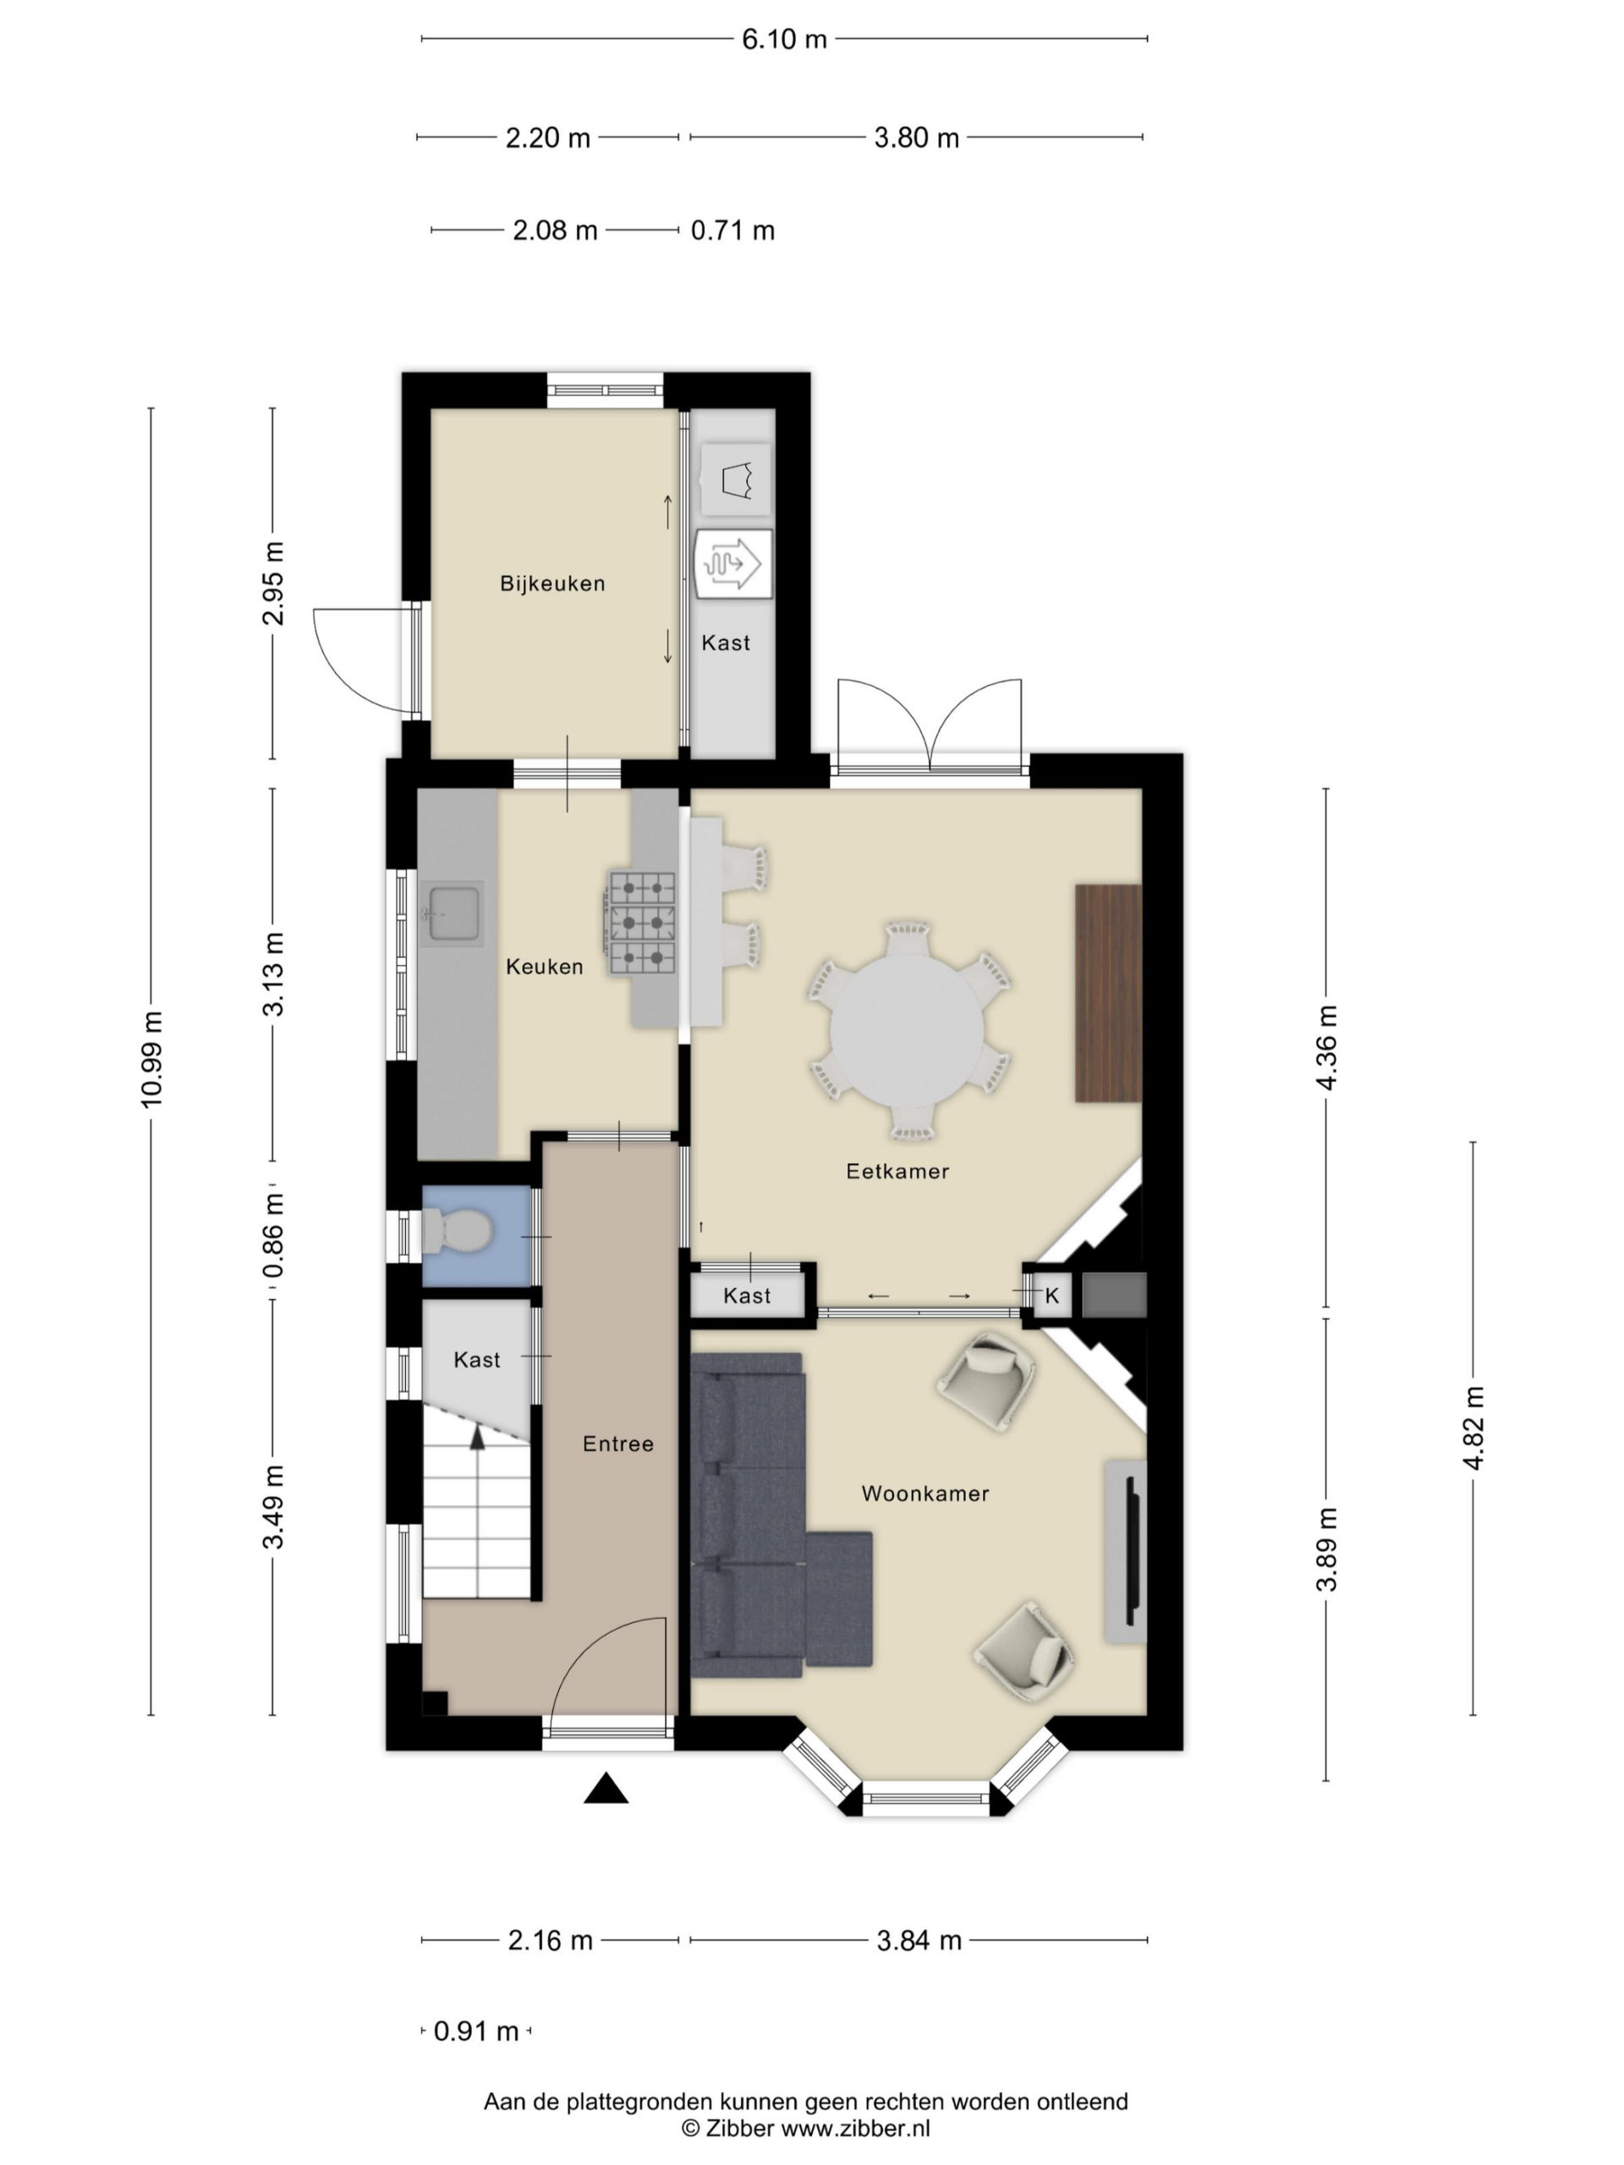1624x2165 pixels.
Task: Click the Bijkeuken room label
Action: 552,584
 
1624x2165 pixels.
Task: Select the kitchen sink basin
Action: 454,913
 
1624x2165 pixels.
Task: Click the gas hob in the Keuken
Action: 642,922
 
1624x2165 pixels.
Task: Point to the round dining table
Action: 907,1031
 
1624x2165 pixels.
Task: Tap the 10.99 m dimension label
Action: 151,1060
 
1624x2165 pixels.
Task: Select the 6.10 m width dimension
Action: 784,39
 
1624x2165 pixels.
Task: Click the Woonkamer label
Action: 925,1493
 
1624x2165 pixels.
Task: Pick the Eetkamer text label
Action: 897,1170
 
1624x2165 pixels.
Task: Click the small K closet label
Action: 1052,1296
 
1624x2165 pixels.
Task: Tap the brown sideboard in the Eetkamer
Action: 1108,994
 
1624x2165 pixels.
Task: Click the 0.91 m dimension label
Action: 475,2031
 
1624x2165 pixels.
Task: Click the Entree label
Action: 617,1444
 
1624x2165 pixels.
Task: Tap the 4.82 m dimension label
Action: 1473,1427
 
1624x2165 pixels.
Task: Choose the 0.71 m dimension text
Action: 732,230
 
